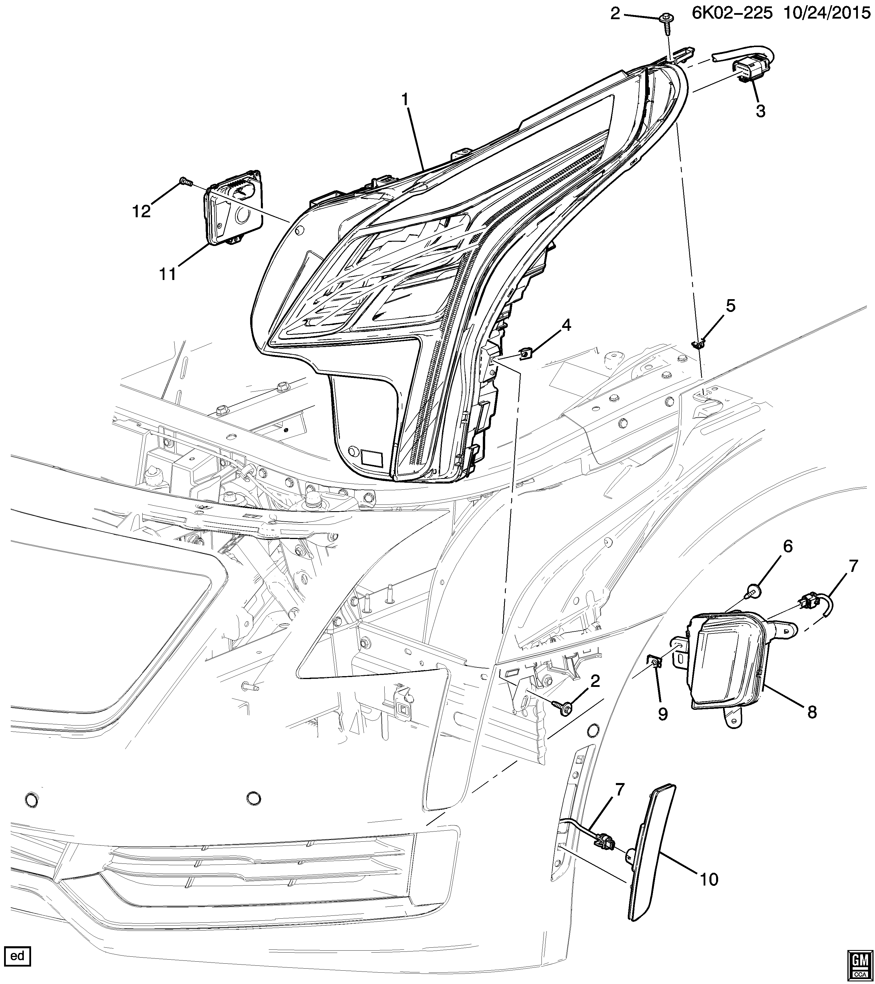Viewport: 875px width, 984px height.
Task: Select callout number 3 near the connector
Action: coord(760,111)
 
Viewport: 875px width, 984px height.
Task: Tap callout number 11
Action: coord(168,274)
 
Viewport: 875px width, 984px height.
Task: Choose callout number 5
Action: coord(731,306)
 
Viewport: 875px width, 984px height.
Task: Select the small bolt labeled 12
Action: coord(186,182)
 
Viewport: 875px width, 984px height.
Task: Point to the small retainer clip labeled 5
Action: coord(698,344)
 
